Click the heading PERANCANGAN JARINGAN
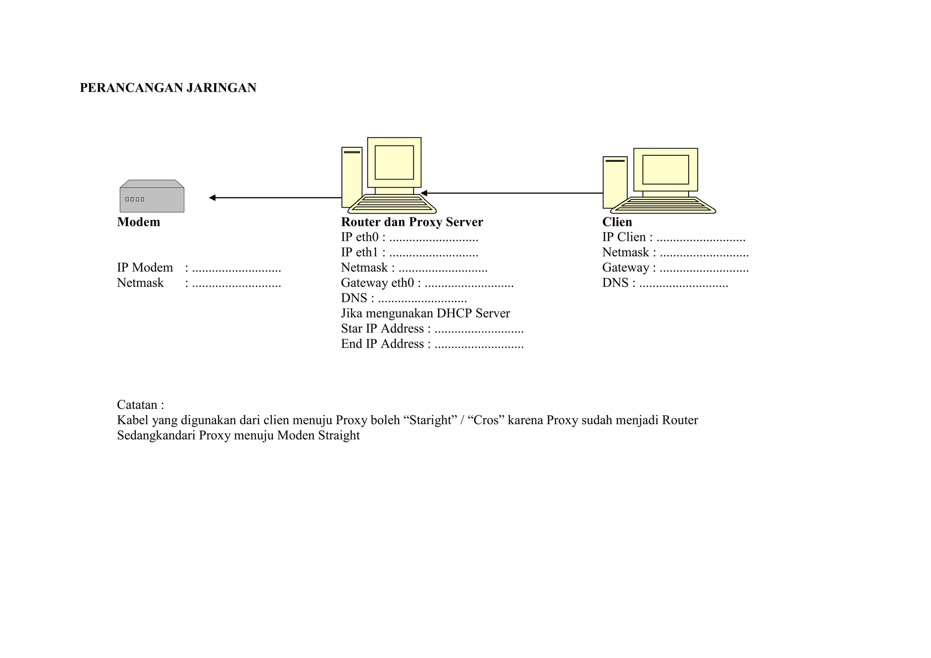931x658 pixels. (168, 88)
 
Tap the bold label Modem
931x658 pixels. (139, 222)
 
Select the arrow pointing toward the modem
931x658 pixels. (275, 198)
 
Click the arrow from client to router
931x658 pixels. (511, 193)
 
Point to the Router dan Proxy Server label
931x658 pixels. (412, 222)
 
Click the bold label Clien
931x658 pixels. (617, 222)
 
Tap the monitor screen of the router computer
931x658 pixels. (394, 162)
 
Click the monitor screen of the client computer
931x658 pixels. (666, 169)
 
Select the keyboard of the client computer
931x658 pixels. (663, 205)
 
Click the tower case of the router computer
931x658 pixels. (351, 177)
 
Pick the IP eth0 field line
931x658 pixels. (409, 238)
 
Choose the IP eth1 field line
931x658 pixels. (409, 253)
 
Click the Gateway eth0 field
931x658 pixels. (427, 283)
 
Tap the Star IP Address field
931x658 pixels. (432, 329)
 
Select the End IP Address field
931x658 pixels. (432, 344)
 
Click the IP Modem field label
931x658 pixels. (145, 268)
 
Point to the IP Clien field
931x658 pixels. (673, 238)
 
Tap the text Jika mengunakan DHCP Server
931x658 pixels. (425, 314)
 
